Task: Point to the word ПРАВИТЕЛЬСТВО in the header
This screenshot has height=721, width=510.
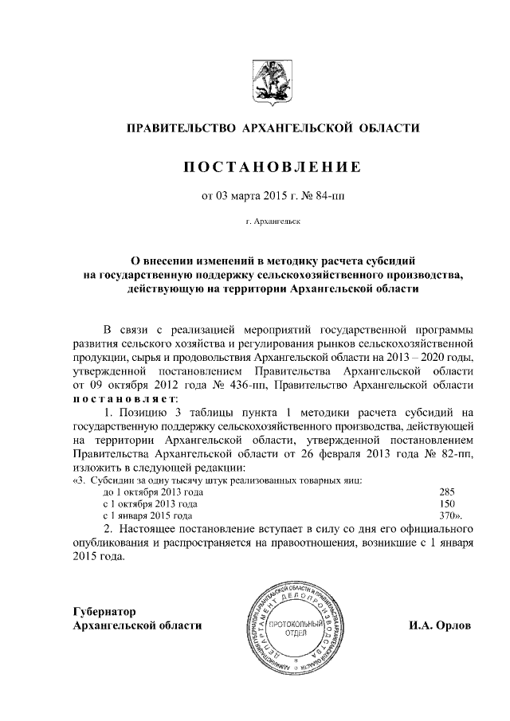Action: point(169,127)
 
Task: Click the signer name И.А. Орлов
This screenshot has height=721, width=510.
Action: point(440,625)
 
